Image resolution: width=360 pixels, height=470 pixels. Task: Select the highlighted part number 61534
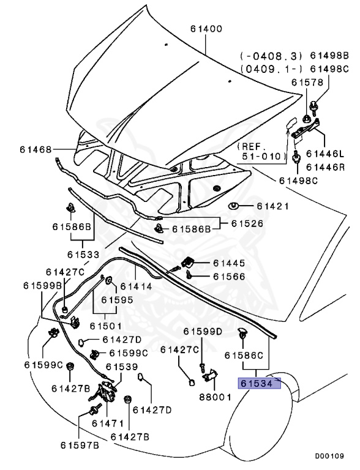(x=258, y=384)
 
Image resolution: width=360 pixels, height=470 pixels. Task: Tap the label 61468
(x=35, y=149)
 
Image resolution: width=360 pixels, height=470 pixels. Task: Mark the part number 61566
(x=230, y=277)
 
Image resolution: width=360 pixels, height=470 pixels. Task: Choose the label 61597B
(x=79, y=444)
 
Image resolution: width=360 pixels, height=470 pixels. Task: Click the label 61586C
(x=243, y=355)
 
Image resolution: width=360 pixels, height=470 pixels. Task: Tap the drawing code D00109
(x=329, y=456)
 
